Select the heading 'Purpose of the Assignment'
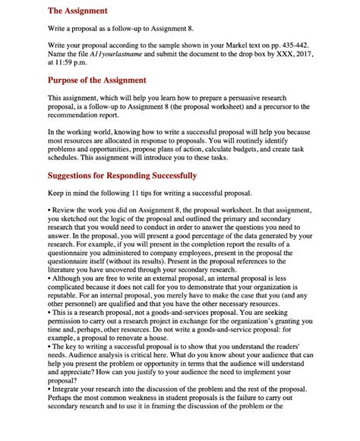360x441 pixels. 97,80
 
